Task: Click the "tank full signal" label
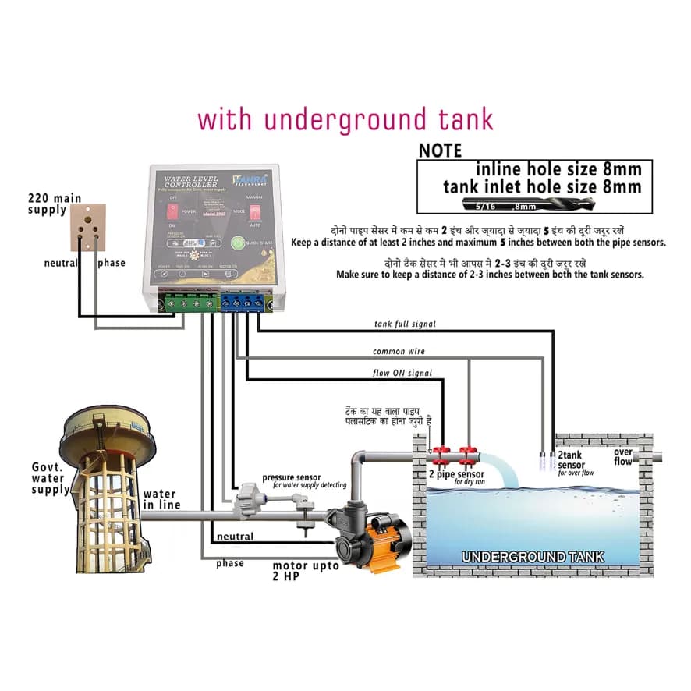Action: click(x=405, y=324)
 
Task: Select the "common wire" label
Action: click(x=399, y=352)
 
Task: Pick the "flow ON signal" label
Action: click(x=402, y=374)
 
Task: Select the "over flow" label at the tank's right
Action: click(x=623, y=457)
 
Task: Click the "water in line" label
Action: click(x=161, y=499)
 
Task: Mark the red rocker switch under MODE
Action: click(x=254, y=211)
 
